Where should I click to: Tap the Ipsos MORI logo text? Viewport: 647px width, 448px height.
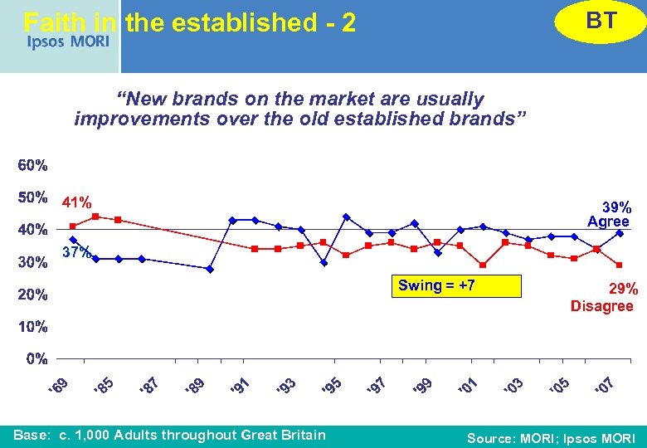pyautogui.click(x=67, y=41)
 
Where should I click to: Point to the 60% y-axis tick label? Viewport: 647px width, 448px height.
pyautogui.click(x=33, y=165)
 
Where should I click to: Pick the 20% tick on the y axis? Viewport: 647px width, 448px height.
pyautogui.click(x=33, y=295)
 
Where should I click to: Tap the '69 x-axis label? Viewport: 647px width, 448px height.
pyautogui.click(x=56, y=386)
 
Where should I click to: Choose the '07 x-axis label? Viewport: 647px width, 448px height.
pyautogui.click(x=603, y=386)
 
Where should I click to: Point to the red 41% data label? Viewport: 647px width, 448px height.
pyautogui.click(x=77, y=202)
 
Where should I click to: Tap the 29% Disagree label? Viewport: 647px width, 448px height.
pyautogui.click(x=602, y=298)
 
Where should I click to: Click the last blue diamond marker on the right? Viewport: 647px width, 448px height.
pyautogui.click(x=620, y=233)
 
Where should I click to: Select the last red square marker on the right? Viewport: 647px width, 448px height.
pyautogui.click(x=620, y=265)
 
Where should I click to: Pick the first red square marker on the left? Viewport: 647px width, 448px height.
pyautogui.click(x=73, y=226)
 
